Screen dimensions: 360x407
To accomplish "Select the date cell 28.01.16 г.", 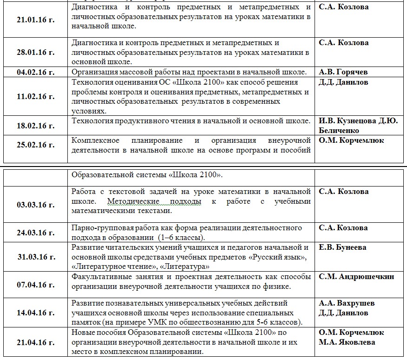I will (x=35, y=52).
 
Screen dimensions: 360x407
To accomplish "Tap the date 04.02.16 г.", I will (x=35, y=73).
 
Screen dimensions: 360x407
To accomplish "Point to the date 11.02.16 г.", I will (x=35, y=97).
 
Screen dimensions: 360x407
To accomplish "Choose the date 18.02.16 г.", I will (x=35, y=126).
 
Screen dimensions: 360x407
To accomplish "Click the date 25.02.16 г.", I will (x=35, y=145).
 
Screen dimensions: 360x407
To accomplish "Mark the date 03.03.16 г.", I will (x=35, y=205).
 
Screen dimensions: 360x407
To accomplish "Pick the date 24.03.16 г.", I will (x=35, y=233).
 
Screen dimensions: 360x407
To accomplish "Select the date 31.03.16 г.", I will (x=35, y=256).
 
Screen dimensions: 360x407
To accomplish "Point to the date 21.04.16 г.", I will (x=35, y=342).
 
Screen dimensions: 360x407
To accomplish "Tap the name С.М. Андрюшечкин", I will (x=356, y=277).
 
